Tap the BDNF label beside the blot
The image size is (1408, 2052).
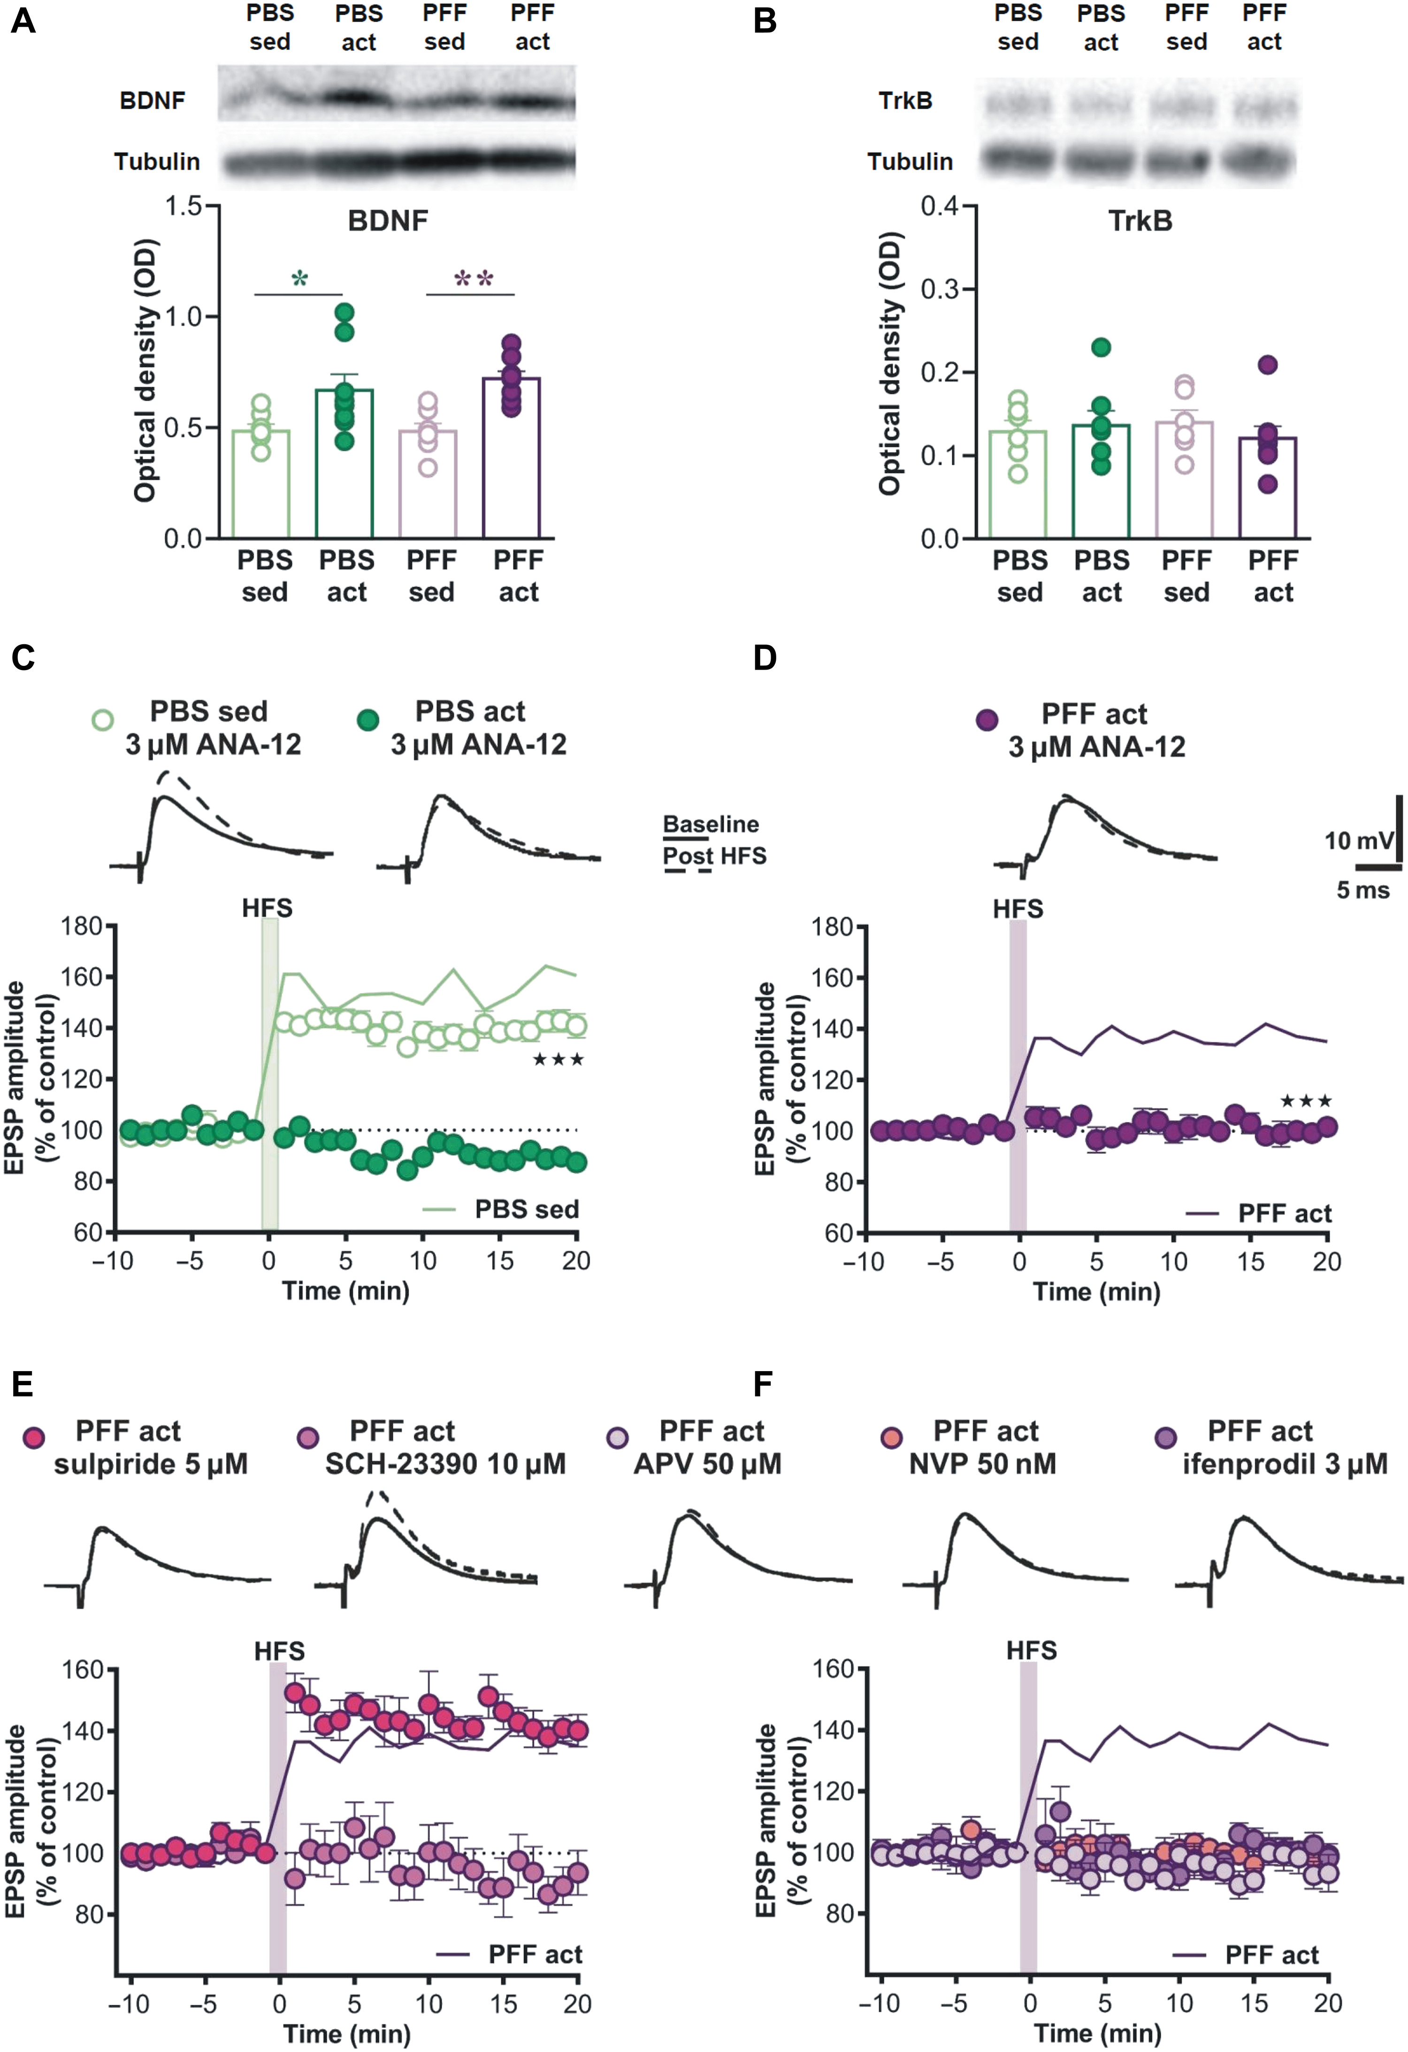click(x=152, y=101)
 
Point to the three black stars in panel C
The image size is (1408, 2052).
click(x=558, y=1060)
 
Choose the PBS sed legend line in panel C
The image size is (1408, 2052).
click(x=439, y=1209)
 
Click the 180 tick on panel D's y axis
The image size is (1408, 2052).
click(x=832, y=927)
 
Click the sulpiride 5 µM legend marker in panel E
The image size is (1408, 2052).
click(x=34, y=1437)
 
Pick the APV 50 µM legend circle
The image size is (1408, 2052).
click(x=618, y=1437)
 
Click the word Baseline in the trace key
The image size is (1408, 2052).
click(x=711, y=824)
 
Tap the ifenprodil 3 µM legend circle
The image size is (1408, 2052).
click(x=1166, y=1437)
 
